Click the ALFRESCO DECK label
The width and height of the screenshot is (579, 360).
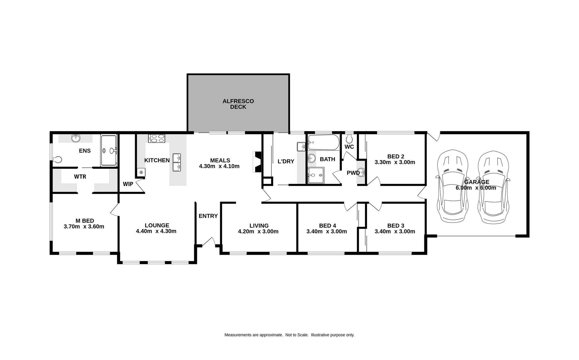tap(238, 104)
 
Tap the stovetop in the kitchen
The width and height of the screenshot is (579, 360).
tap(157, 138)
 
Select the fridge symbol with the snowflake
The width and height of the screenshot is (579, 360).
tap(141, 172)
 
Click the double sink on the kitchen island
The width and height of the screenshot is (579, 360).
tap(177, 162)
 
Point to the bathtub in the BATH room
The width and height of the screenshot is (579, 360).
tap(324, 142)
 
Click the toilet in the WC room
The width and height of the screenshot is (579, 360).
tap(349, 139)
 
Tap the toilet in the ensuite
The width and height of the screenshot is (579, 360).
tap(57, 159)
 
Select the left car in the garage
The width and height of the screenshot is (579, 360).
tap(453, 187)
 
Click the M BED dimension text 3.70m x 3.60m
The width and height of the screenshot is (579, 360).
tap(84, 226)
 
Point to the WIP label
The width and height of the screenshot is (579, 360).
tap(128, 184)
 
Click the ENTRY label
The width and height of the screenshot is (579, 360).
tap(208, 216)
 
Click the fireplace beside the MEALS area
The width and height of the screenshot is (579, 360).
tap(257, 162)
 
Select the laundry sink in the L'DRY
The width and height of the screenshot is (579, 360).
tap(301, 147)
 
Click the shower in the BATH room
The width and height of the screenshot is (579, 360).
tap(316, 175)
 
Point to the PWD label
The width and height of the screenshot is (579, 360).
tap(353, 173)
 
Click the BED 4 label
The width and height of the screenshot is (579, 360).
tap(327, 226)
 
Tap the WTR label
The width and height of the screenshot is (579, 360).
tap(80, 177)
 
